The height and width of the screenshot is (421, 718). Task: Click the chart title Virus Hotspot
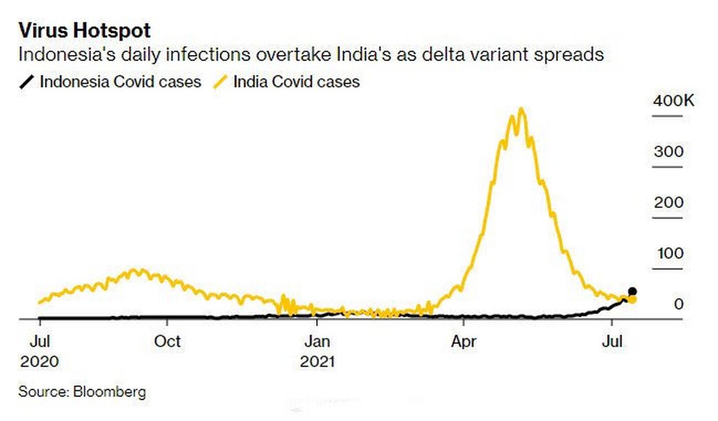[x=84, y=31]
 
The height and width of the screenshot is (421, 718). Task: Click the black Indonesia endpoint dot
[x=633, y=292]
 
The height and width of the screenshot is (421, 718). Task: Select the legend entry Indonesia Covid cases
[x=120, y=82]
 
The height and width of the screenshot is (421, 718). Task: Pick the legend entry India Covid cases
[x=296, y=82]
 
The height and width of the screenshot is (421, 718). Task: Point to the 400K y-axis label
[x=674, y=101]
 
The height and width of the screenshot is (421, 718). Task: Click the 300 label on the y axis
[x=668, y=152]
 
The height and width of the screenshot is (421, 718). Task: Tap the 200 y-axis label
[x=668, y=203]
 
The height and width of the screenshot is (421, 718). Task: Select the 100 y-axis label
[x=670, y=253]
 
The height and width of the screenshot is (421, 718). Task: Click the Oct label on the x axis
[x=167, y=341]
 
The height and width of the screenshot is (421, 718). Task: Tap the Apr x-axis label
[x=464, y=341]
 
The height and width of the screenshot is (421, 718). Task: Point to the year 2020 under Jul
[x=39, y=362]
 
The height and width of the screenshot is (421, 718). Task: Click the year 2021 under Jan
[x=317, y=362]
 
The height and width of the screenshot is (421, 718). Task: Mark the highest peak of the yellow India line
[x=522, y=109]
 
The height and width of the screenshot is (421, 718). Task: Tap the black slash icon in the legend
[x=27, y=82]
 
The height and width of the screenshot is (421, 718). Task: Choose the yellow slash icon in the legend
[x=221, y=82]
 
